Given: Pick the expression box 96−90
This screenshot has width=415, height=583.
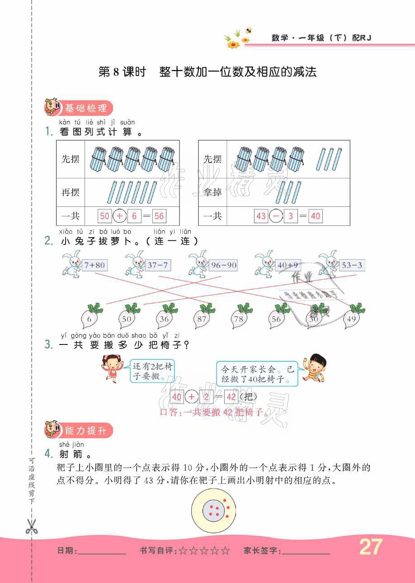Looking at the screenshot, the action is coord(223,265).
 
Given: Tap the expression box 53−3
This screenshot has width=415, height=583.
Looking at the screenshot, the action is coord(352,265).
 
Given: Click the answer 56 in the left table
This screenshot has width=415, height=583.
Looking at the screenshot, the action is coord(159,216).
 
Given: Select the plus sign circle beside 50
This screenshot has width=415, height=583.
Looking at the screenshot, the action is coord(119,216).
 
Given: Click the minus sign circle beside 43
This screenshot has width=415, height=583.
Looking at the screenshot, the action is coord(276,216).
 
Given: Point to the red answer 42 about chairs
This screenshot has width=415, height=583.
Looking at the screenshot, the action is coord(231,397).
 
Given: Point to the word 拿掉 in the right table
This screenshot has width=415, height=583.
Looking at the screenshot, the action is coord(212,192).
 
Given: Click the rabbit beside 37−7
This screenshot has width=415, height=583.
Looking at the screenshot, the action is coord(134,263).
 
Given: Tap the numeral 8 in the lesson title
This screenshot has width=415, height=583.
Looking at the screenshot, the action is coord(115,72).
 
